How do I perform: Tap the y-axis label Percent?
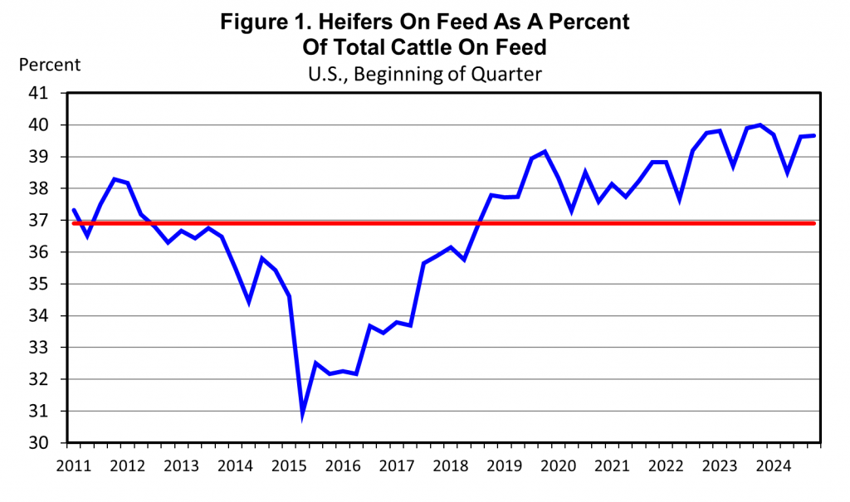50,65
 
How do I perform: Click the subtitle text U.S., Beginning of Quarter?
424,74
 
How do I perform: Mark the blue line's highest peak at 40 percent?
760,125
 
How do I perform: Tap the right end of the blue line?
813,135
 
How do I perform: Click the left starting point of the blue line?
74,210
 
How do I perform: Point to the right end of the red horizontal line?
814,222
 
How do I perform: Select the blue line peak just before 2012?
114,178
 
